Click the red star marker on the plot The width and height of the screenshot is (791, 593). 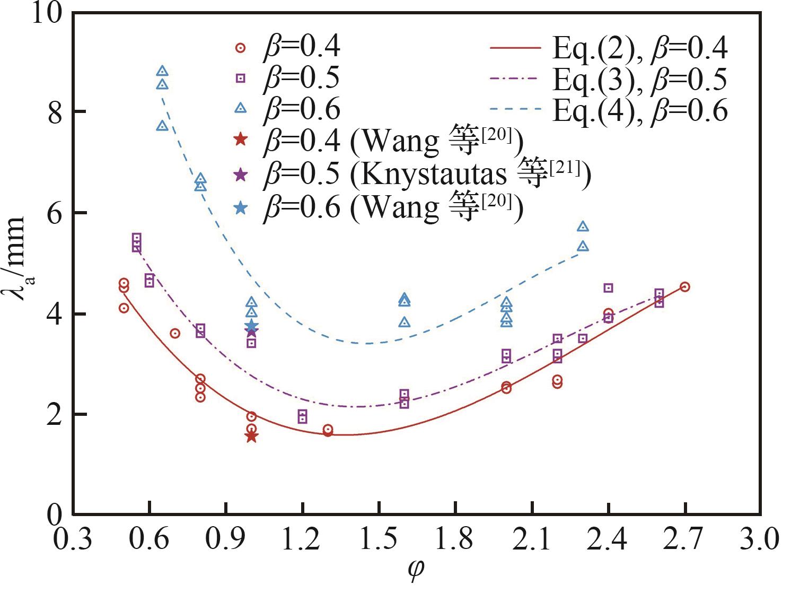click(x=251, y=436)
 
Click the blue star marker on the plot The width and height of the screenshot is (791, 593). click(x=252, y=326)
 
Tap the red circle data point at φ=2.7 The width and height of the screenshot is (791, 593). click(x=684, y=287)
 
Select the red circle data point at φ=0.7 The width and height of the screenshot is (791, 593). click(x=175, y=333)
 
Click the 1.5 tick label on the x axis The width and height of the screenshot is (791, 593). click(x=380, y=540)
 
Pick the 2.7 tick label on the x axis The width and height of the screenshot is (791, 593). click(x=685, y=540)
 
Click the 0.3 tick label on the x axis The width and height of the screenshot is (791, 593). click(x=73, y=540)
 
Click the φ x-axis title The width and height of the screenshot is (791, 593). click(x=417, y=570)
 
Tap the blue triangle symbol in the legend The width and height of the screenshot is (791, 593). click(x=241, y=108)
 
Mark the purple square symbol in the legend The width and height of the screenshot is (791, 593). click(x=241, y=78)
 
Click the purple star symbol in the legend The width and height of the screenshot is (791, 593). click(x=241, y=174)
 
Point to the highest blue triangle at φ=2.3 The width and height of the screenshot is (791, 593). click(x=583, y=226)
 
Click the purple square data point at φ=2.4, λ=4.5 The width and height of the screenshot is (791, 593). click(x=609, y=288)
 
